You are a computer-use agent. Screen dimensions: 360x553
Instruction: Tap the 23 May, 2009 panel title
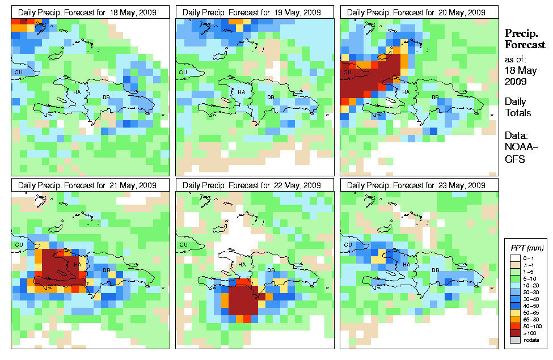pos(419,185)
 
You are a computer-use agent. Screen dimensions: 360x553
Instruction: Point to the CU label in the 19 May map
pos(183,72)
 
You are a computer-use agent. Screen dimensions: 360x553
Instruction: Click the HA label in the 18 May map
pos(77,92)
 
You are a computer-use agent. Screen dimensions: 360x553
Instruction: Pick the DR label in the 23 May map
pos(434,270)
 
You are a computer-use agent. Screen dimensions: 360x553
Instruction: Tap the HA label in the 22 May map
pos(241,265)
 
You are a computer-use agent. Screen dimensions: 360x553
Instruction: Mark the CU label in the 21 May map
pos(18,245)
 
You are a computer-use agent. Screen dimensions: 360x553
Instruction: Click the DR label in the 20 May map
pos(435,98)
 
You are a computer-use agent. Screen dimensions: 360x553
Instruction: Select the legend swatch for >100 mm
pos(513,333)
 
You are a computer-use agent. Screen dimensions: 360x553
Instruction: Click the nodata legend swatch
pos(513,340)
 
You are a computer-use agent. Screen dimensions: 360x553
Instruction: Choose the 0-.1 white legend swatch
pos(513,258)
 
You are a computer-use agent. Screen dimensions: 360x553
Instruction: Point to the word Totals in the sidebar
pos(518,113)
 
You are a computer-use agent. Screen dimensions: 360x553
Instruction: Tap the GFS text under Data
pos(516,159)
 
